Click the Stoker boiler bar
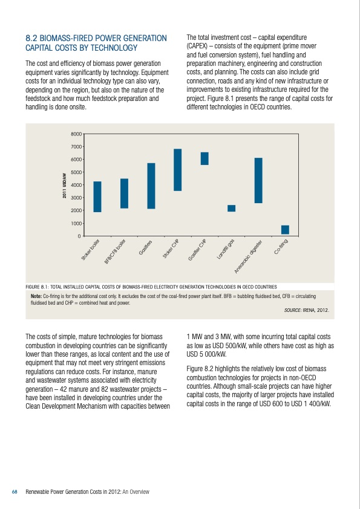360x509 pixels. point(97,196)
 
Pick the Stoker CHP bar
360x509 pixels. point(177,170)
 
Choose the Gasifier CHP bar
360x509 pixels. point(205,158)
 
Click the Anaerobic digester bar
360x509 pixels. point(258,180)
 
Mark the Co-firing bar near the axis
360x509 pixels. point(285,230)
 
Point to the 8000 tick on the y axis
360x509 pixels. point(76,134)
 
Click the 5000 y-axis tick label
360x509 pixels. point(76,172)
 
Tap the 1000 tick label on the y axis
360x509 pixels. point(76,223)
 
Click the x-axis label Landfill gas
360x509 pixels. point(226,250)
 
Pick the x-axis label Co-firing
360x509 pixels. point(284,247)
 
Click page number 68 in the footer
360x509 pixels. point(15,491)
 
